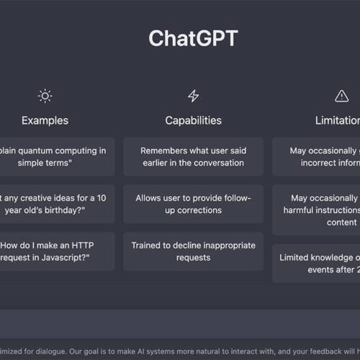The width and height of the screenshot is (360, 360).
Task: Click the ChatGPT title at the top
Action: pyautogui.click(x=192, y=37)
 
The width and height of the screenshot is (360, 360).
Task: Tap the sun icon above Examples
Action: pyautogui.click(x=45, y=96)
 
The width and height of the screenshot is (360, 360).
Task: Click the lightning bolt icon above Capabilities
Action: pyautogui.click(x=193, y=96)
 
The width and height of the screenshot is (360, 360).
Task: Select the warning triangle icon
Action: pyautogui.click(x=341, y=96)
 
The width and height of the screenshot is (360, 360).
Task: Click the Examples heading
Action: pyautogui.click(x=45, y=120)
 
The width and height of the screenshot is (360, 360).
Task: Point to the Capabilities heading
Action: pyautogui.click(x=193, y=120)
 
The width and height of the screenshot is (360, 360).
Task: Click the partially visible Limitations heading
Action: pyautogui.click(x=337, y=120)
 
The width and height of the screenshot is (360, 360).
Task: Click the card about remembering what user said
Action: pyautogui.click(x=193, y=157)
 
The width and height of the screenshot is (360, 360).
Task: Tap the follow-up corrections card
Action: pyautogui.click(x=193, y=204)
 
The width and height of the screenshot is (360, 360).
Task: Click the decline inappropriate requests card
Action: pyautogui.click(x=193, y=251)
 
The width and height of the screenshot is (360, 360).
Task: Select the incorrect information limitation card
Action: pyautogui.click(x=317, y=157)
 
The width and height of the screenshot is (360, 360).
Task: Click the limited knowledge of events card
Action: pyautogui.click(x=317, y=264)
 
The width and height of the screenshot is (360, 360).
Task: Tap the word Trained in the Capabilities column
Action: pyautogui.click(x=146, y=246)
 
